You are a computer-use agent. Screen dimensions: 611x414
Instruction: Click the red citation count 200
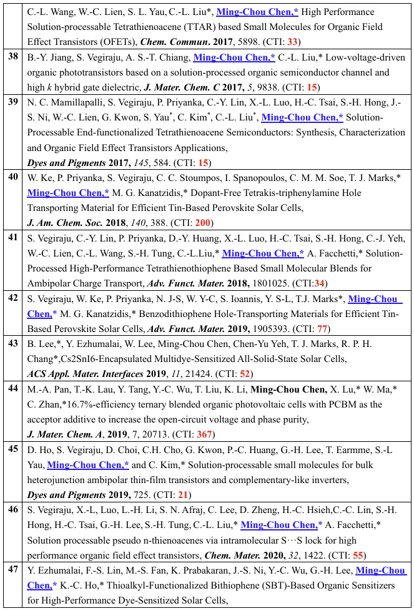point(203,223)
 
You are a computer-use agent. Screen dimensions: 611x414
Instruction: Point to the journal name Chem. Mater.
point(273,554)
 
